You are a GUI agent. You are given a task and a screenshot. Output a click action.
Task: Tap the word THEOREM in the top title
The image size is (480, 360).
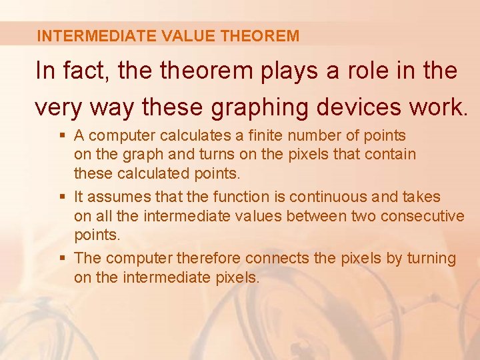pos(260,36)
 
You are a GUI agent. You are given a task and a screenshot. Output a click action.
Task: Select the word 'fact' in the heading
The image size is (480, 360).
pos(88,71)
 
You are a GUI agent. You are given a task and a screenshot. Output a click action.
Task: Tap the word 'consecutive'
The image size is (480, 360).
pos(423,216)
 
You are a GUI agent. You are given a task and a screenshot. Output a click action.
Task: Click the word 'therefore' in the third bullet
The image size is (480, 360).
pos(210,258)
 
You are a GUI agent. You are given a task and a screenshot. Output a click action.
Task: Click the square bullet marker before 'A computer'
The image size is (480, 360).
pos(61,136)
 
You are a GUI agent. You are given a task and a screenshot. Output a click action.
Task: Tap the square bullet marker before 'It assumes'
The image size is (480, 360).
pos(61,197)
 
